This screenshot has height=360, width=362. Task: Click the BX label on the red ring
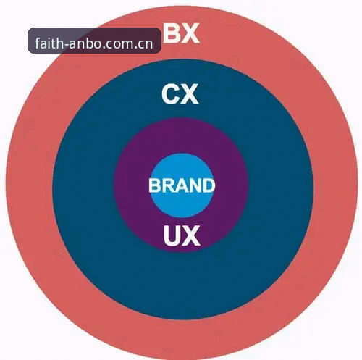(x=181, y=33)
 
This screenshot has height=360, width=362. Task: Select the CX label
(x=180, y=94)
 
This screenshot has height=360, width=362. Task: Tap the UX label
(x=182, y=235)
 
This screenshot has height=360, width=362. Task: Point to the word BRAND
(x=182, y=185)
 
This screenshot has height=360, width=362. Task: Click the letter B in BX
(x=172, y=33)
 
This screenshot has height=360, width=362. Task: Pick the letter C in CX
(x=171, y=94)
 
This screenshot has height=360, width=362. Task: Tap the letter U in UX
(x=172, y=235)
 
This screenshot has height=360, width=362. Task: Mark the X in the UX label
(x=191, y=235)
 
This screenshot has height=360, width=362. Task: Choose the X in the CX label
(x=190, y=94)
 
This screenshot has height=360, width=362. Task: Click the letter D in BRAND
(x=209, y=185)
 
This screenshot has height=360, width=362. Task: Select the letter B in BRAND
(x=155, y=185)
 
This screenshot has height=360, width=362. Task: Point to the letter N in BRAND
(x=194, y=185)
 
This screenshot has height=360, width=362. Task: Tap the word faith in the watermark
(x=49, y=43)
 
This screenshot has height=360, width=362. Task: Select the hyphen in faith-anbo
(x=66, y=45)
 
